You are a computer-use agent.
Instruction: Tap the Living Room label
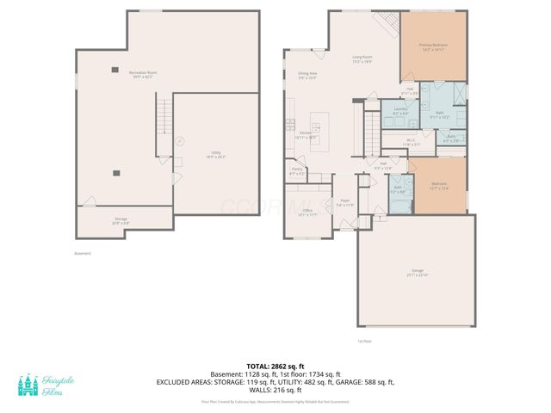362,59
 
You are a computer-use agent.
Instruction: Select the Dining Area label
308,75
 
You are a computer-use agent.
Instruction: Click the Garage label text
417,272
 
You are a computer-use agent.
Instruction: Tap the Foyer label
345,203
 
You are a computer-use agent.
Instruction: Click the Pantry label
297,171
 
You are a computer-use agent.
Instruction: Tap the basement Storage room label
121,221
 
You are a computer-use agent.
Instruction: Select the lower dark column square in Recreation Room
115,171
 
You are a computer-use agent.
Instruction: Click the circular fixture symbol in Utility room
180,140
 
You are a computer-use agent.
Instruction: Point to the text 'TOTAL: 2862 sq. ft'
275,366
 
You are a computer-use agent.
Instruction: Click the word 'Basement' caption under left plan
82,253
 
